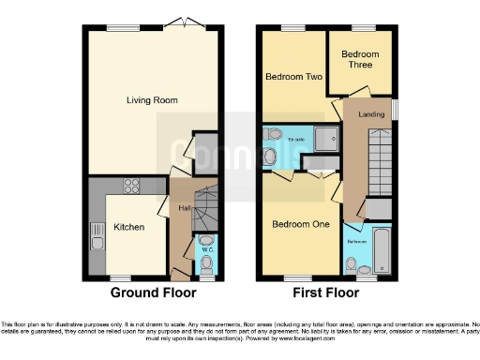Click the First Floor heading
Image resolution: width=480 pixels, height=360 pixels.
[x=325, y=292]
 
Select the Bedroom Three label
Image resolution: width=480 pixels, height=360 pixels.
[x=360, y=60]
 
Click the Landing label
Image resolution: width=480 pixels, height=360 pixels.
[x=367, y=114]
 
